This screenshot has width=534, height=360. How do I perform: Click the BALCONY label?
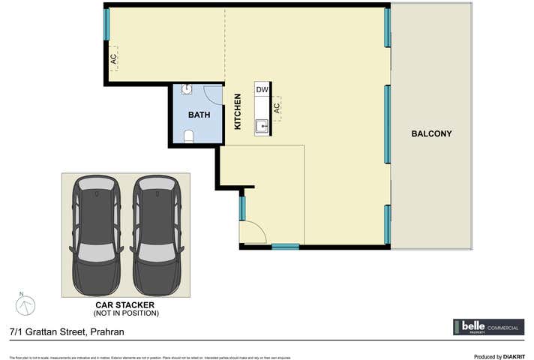[x=431, y=134]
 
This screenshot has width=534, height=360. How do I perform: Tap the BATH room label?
[x=199, y=115]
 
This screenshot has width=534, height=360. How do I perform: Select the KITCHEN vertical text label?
[x=238, y=112]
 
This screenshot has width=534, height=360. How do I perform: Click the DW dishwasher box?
[x=262, y=90]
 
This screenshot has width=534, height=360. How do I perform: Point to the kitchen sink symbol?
[x=261, y=126]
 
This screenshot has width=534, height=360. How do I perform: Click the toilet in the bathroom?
[x=189, y=136]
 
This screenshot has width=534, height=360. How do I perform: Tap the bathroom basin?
[x=187, y=89]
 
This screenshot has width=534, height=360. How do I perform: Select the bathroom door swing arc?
[x=214, y=94]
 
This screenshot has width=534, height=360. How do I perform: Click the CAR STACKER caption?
[x=124, y=305]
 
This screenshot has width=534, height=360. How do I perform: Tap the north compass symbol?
[x=25, y=304]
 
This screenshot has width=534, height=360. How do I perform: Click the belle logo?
[x=472, y=327]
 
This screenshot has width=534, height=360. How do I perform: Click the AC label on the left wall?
[x=113, y=58]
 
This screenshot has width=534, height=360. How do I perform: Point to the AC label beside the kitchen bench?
[x=277, y=108]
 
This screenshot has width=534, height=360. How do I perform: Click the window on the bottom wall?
[x=285, y=246]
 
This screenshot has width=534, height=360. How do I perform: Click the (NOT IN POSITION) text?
[x=126, y=313]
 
